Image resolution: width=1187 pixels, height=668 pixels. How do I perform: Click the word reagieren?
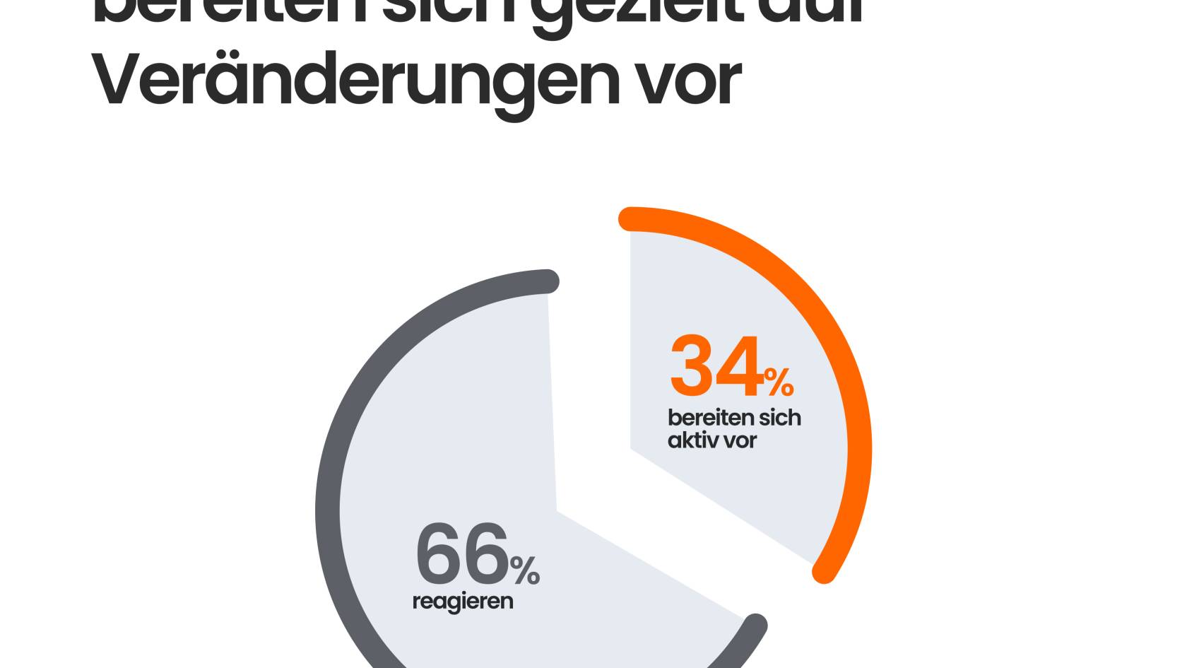point(462,602)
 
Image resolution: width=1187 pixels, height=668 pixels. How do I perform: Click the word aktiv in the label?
point(691,440)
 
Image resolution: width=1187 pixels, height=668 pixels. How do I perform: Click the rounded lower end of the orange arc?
point(824,572)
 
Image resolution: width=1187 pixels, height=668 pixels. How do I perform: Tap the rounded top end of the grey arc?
point(548,281)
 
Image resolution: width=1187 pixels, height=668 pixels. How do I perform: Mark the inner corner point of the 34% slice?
point(631,448)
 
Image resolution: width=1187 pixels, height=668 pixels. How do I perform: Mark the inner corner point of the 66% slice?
point(557,510)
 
